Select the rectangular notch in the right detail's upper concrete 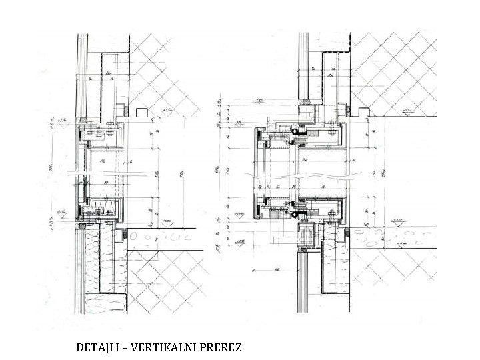359,107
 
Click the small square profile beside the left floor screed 122,235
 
